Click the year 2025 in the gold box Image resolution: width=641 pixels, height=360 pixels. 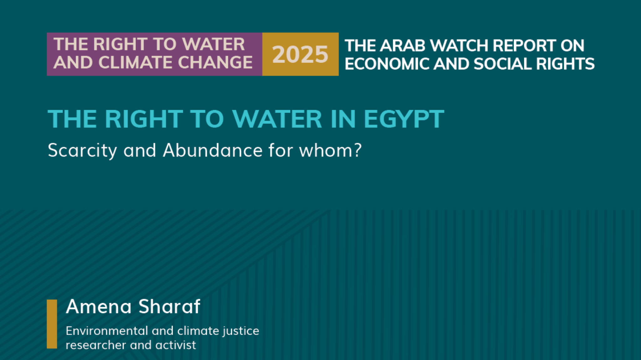tap(300, 54)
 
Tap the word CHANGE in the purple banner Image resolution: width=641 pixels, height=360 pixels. tap(215, 62)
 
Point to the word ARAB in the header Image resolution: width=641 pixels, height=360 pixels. tap(403, 46)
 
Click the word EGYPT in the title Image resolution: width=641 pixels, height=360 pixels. tap(404, 119)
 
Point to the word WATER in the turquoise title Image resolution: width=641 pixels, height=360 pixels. tap(277, 119)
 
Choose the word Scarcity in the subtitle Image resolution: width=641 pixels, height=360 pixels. tap(82, 151)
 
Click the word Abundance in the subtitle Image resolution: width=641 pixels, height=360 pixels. tap(213, 150)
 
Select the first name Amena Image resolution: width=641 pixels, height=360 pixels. tap(99, 307)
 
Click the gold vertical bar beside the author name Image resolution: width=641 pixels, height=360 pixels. tap(52, 324)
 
